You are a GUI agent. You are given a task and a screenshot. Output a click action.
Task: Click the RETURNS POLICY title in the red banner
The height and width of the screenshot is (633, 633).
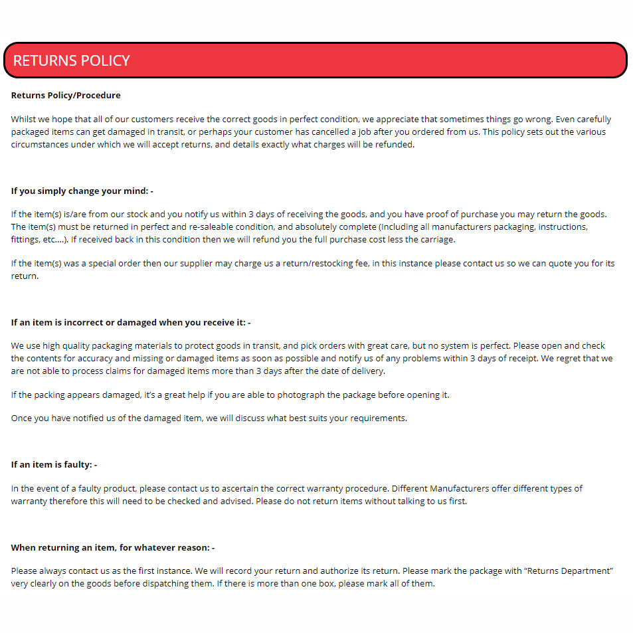71,60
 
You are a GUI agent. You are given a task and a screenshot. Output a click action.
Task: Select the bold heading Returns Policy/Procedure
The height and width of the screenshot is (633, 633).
66,95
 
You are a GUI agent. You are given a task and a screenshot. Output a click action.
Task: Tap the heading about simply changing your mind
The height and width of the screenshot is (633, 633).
82,191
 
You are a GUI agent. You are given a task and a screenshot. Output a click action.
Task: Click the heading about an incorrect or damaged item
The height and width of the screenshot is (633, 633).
130,322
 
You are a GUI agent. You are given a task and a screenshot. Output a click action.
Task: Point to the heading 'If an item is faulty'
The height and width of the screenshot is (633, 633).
54,464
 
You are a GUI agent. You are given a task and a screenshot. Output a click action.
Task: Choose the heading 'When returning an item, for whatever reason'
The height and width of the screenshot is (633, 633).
112,547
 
